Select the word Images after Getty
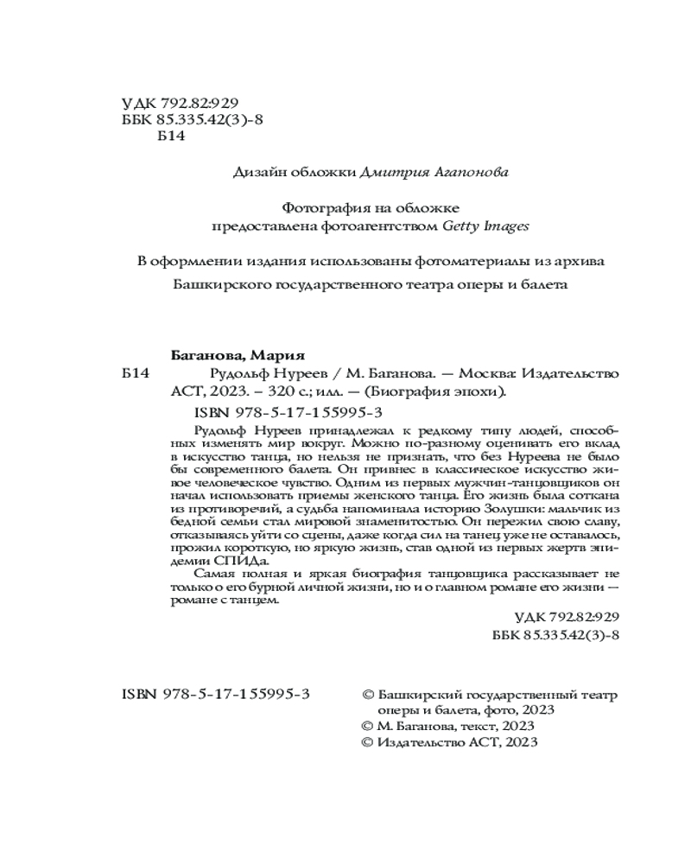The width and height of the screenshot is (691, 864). click(x=507, y=226)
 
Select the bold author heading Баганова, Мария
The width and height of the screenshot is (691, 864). click(x=235, y=355)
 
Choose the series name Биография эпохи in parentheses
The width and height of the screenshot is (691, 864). click(x=439, y=391)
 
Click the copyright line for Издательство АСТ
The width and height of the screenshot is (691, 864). click(x=448, y=741)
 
